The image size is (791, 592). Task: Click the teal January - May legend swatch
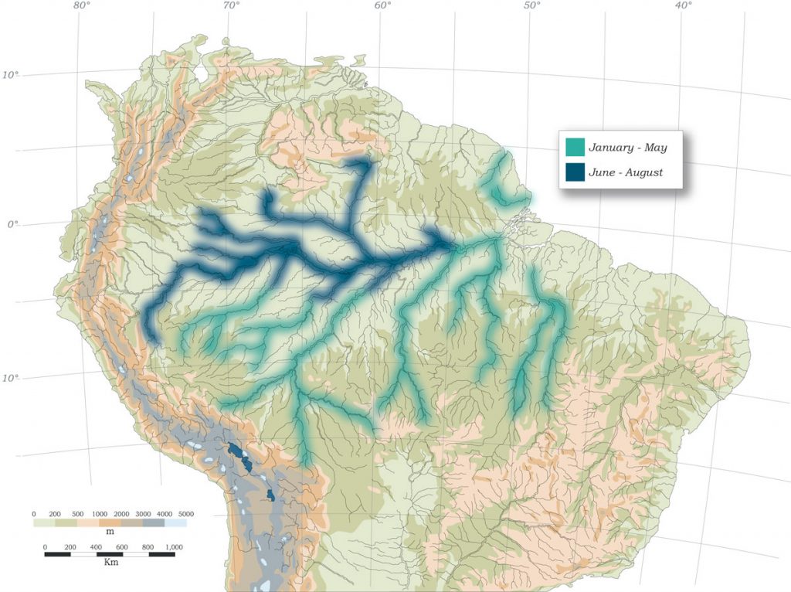click(x=575, y=147)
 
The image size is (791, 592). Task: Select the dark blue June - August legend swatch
click(x=575, y=172)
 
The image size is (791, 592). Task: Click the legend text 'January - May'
click(x=627, y=147)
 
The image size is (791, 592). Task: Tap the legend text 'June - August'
click(x=626, y=172)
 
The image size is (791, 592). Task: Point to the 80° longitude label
click(x=82, y=6)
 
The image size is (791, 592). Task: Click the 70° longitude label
click(x=231, y=6)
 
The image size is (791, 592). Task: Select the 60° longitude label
click(x=382, y=6)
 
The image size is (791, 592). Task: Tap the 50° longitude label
click(x=532, y=6)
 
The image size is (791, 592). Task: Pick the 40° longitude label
click(x=683, y=6)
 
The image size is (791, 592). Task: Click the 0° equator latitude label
click(x=12, y=225)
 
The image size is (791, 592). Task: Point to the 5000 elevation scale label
click(x=185, y=514)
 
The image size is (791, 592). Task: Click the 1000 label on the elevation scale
click(x=99, y=514)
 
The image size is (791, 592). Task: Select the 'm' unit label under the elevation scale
click(x=110, y=533)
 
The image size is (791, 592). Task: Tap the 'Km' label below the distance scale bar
click(x=110, y=563)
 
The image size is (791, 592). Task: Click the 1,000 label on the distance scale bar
click(x=173, y=547)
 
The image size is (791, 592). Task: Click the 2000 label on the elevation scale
click(x=121, y=514)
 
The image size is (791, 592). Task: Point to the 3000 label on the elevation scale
click(x=142, y=514)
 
